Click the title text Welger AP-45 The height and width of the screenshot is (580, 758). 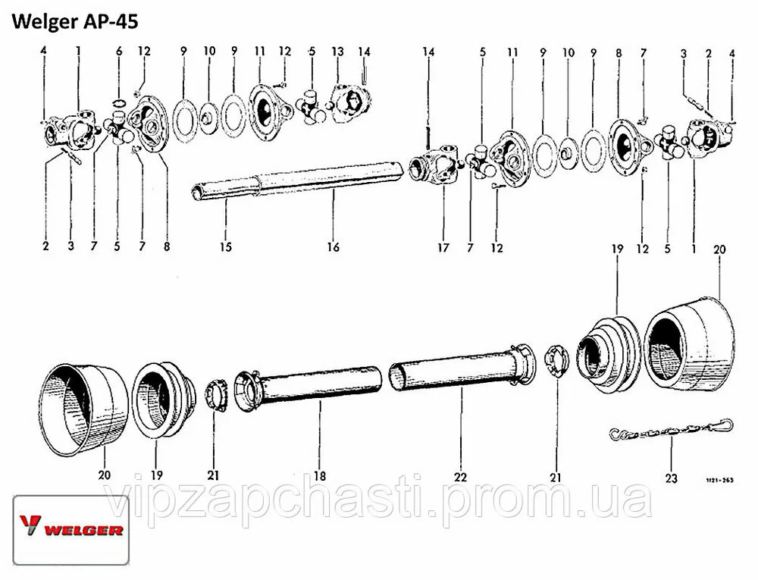(x=75, y=22)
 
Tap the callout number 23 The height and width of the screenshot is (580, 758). (x=671, y=478)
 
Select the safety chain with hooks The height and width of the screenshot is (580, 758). (x=671, y=429)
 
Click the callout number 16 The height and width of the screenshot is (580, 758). (x=333, y=247)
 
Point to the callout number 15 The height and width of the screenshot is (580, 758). (x=226, y=247)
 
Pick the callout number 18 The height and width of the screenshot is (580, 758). (x=320, y=476)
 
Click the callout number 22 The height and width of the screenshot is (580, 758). (x=460, y=477)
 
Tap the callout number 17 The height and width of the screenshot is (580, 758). (x=443, y=248)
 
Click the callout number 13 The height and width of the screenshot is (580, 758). (x=337, y=52)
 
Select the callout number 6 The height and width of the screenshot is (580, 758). (x=119, y=52)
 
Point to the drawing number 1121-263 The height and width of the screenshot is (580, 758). (x=720, y=481)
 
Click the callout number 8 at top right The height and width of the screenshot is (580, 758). (x=619, y=52)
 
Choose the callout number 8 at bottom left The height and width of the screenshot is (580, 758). (x=167, y=247)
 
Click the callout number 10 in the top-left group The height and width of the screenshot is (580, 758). (x=209, y=52)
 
